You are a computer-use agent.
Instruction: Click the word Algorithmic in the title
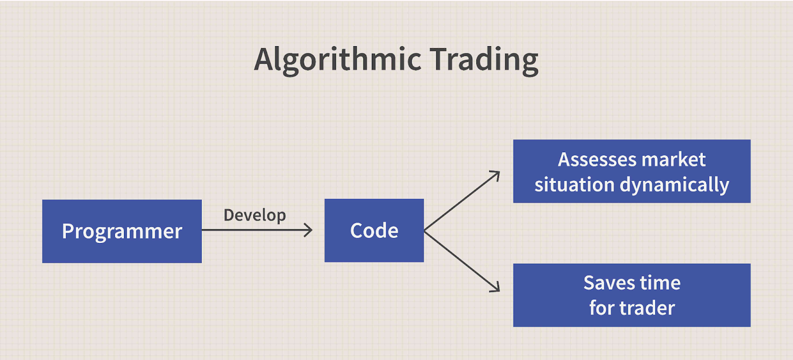tap(338, 60)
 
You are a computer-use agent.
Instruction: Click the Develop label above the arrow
tap(255, 215)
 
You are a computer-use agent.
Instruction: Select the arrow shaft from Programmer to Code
tap(253, 230)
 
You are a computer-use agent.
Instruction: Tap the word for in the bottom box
tap(602, 308)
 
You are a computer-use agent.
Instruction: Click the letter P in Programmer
tap(67, 231)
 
